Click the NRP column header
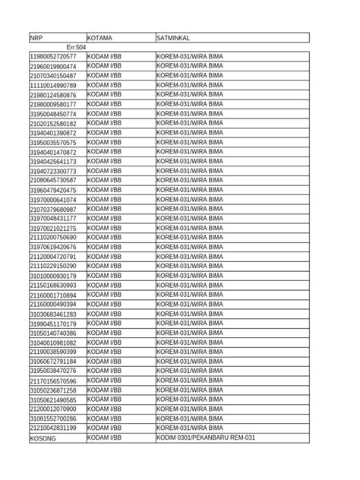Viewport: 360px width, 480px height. coord(36,37)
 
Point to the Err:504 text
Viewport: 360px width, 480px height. coord(76,47)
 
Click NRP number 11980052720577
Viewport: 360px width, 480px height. coord(53,57)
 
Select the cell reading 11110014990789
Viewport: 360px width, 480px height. coord(53,86)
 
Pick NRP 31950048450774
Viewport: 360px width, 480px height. coord(53,114)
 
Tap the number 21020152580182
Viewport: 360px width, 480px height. coord(53,124)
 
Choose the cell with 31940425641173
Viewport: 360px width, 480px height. coord(53,162)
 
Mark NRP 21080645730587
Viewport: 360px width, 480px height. coord(53,181)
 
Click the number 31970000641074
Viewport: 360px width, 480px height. coord(53,200)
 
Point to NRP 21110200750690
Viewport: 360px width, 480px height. coord(53,238)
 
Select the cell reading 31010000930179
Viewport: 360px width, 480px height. coord(53,276)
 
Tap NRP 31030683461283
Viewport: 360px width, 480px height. coord(53,314)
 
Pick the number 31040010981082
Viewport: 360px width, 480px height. coord(53,343)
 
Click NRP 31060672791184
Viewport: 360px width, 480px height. coord(53,362)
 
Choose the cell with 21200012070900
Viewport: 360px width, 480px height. coord(53,409)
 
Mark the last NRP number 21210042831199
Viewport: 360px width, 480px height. coord(53,428)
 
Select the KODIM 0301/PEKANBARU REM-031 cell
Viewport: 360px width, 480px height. coord(206,438)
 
